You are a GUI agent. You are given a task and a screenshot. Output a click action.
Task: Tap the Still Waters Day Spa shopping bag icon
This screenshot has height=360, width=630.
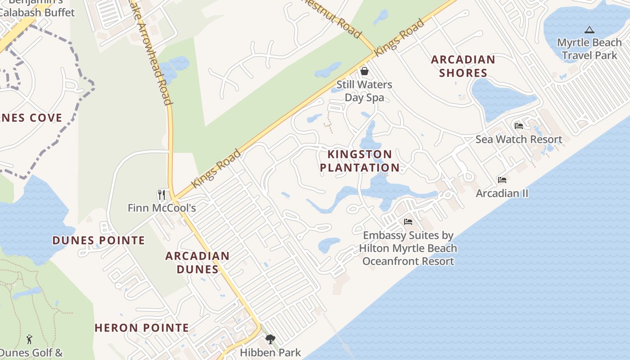(364, 71)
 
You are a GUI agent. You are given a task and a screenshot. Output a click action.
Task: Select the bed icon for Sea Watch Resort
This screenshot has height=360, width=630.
(519, 126)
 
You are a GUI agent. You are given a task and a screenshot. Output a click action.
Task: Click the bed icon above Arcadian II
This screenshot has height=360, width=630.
(502, 180)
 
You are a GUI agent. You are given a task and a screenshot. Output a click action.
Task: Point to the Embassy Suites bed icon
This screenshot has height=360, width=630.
(408, 222)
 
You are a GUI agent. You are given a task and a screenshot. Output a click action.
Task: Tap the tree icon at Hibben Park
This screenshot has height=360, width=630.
(270, 339)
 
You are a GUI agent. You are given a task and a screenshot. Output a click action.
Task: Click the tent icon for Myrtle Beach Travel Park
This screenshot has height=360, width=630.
(589, 30)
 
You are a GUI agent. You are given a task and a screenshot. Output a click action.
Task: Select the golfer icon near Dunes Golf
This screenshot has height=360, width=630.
(30, 339)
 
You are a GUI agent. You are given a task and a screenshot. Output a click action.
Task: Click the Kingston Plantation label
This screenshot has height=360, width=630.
(360, 161)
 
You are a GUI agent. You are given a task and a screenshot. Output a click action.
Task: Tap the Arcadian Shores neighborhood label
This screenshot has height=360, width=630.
(463, 66)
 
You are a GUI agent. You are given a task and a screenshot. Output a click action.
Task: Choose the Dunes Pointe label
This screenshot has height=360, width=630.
(99, 240)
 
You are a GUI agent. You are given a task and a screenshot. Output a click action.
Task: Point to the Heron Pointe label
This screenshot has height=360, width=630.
(142, 328)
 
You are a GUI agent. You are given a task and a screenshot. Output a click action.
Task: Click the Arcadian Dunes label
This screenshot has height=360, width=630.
(198, 263)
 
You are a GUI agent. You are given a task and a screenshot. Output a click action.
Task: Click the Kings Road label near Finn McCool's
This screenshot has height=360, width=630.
(216, 168)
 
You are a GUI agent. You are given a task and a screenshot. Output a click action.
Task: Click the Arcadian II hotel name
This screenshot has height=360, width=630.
(502, 193)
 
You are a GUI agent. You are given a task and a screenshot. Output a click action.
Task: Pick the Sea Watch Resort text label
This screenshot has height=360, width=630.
(519, 139)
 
